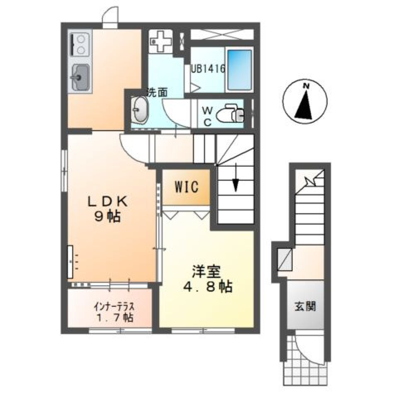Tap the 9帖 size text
[x=107, y=216]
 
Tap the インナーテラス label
[x=114, y=307]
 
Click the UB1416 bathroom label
[x=208, y=69]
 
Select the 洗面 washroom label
[x=157, y=92]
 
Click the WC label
[x=207, y=116]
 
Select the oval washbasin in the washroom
[x=140, y=110]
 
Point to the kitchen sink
[x=80, y=77]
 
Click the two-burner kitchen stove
[x=80, y=44]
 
